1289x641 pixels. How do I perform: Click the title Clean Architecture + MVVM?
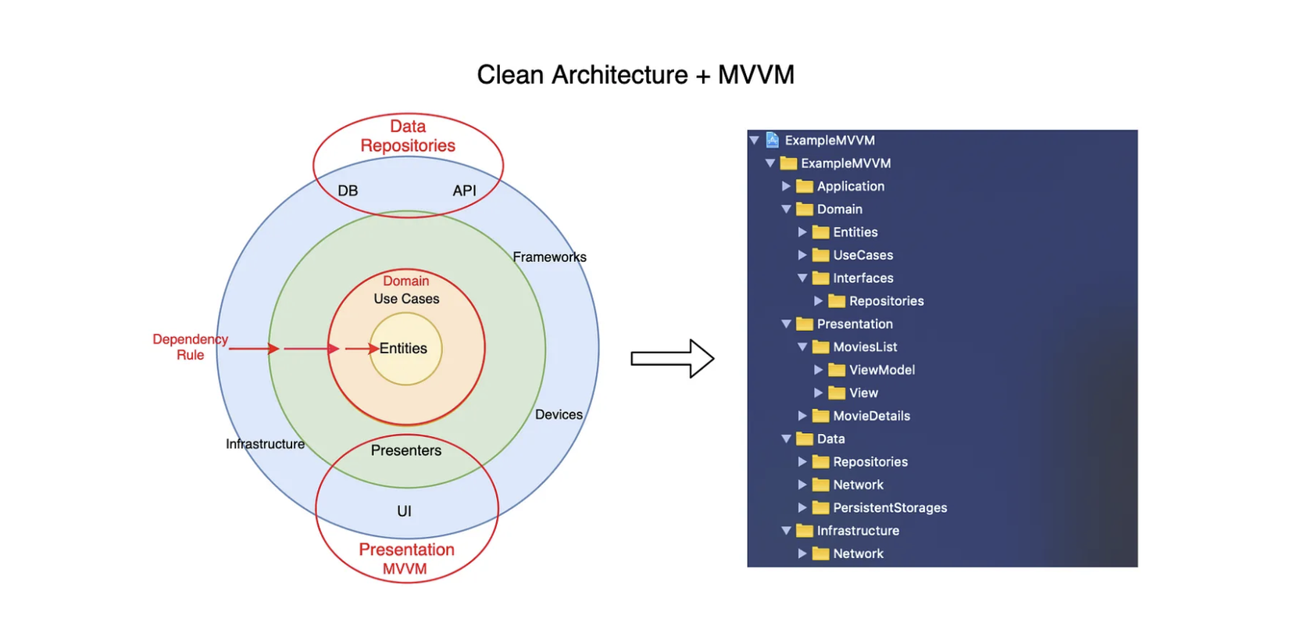pos(635,75)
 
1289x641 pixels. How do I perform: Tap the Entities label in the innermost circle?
pos(403,349)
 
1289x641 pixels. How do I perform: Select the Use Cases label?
pos(406,299)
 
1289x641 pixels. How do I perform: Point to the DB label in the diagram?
pos(348,191)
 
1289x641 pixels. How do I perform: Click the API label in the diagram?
pos(464,191)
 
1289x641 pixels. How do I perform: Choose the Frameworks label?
pos(549,257)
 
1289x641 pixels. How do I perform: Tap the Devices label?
pos(559,414)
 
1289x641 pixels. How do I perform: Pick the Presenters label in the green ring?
pos(406,450)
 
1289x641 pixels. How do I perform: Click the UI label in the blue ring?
pos(404,511)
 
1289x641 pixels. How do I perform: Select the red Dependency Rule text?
pos(191,347)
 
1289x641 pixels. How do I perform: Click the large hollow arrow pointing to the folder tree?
pos(672,358)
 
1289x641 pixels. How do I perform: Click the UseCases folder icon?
pos(820,255)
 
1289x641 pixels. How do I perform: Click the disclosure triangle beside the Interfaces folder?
pos(802,278)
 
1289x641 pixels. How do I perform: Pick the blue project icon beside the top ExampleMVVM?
pos(773,140)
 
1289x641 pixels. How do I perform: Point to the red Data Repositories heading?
pos(408,136)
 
